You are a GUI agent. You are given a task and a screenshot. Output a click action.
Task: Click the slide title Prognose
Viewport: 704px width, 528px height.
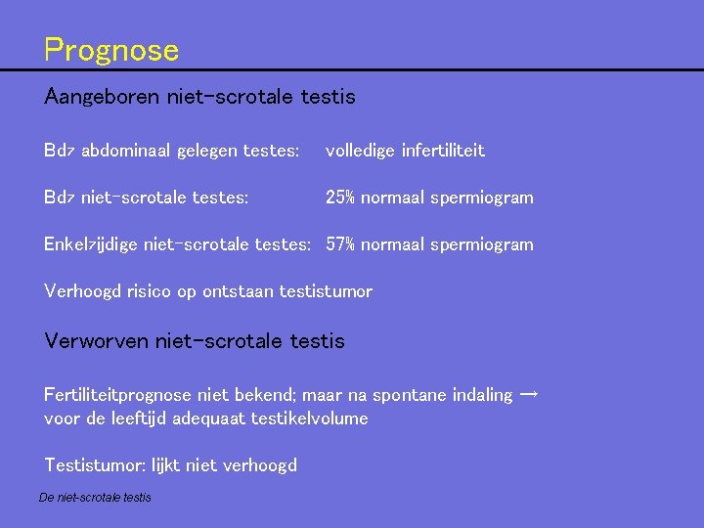(111, 50)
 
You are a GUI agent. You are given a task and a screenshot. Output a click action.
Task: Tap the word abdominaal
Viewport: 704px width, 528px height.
(125, 151)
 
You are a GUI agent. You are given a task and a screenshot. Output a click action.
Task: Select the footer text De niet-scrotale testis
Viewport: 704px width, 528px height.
(95, 498)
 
